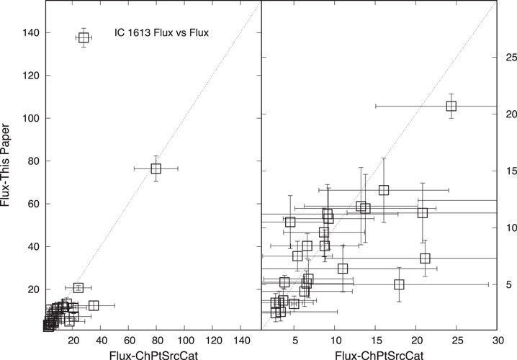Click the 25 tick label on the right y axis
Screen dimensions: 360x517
507,57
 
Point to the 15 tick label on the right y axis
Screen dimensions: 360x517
507,171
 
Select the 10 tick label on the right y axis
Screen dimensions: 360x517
507,228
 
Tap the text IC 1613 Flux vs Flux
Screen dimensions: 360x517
161,32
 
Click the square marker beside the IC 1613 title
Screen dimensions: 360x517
84,37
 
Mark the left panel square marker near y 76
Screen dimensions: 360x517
156,168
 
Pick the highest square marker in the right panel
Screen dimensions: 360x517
451,106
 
